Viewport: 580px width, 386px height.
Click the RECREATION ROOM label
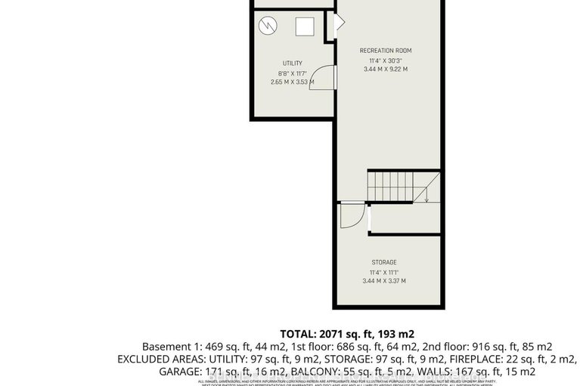[x=385, y=51]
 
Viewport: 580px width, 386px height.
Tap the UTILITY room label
[x=293, y=63]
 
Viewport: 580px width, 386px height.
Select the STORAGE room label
[x=385, y=263]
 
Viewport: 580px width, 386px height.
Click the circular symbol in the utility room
[x=269, y=27]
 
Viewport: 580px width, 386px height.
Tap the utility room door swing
[x=321, y=78]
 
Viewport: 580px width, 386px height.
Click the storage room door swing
[x=351, y=217]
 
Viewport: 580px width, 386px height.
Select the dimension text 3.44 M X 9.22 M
[x=385, y=69]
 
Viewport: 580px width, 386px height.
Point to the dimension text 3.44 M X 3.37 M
[x=385, y=281]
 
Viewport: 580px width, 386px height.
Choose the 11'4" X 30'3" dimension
[x=385, y=60]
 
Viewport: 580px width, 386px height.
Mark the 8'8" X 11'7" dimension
[x=293, y=73]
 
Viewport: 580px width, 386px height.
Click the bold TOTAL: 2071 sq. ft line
[x=347, y=333]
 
